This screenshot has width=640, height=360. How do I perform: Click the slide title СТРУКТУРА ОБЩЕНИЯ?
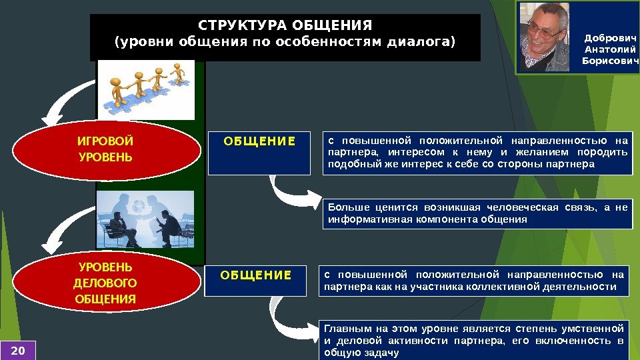285,26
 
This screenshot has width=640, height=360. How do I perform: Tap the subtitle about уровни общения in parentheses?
285,43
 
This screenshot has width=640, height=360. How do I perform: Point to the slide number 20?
17,349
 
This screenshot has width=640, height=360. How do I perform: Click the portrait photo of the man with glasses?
545,37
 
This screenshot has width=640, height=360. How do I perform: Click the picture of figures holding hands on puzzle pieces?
149,87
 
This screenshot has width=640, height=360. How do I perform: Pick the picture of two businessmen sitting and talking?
149,220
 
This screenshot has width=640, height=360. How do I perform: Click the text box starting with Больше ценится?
477,213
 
